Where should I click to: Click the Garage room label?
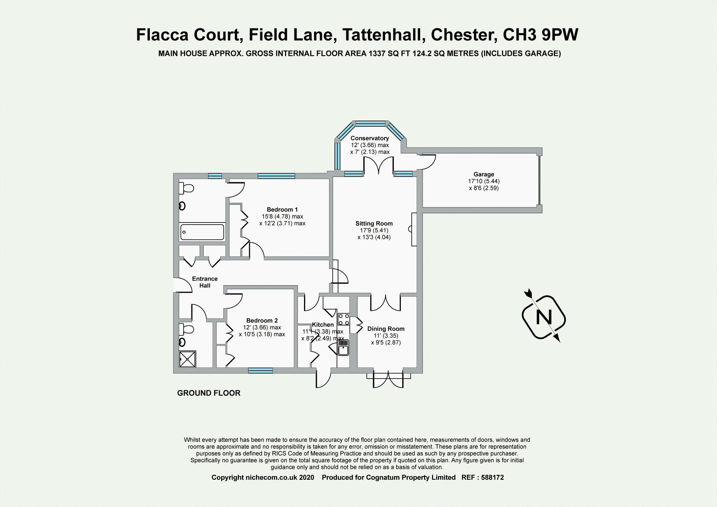[x=484, y=174]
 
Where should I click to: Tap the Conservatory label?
[x=370, y=138]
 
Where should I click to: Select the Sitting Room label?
[x=374, y=224]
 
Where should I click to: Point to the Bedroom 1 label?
[x=282, y=210]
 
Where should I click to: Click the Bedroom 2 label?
[x=262, y=320]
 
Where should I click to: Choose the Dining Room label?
[x=386, y=329]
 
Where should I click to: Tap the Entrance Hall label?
[x=205, y=282]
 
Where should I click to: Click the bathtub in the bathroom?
[x=202, y=232]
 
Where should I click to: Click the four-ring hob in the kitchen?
[x=343, y=319]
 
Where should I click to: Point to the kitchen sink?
[x=343, y=348]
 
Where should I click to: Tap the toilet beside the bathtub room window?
[x=187, y=188]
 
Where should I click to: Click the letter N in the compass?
[x=543, y=317]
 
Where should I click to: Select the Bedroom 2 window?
[x=260, y=371]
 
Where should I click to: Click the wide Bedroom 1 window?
[x=276, y=176]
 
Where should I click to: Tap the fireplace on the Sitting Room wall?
[x=413, y=229]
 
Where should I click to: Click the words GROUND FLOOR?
[x=209, y=393]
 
